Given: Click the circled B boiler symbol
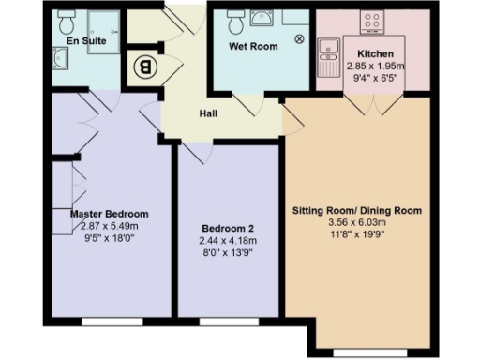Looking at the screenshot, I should pos(144,67).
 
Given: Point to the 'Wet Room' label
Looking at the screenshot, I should pos(253,45).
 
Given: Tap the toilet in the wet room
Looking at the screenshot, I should pos(235,19).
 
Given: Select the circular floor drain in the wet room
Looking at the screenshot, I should pos(299,39).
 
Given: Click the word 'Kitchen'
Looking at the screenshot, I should pos(375,53).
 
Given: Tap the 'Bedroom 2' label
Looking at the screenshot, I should pos(228,228).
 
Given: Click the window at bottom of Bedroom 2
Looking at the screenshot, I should pos(228,322).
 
